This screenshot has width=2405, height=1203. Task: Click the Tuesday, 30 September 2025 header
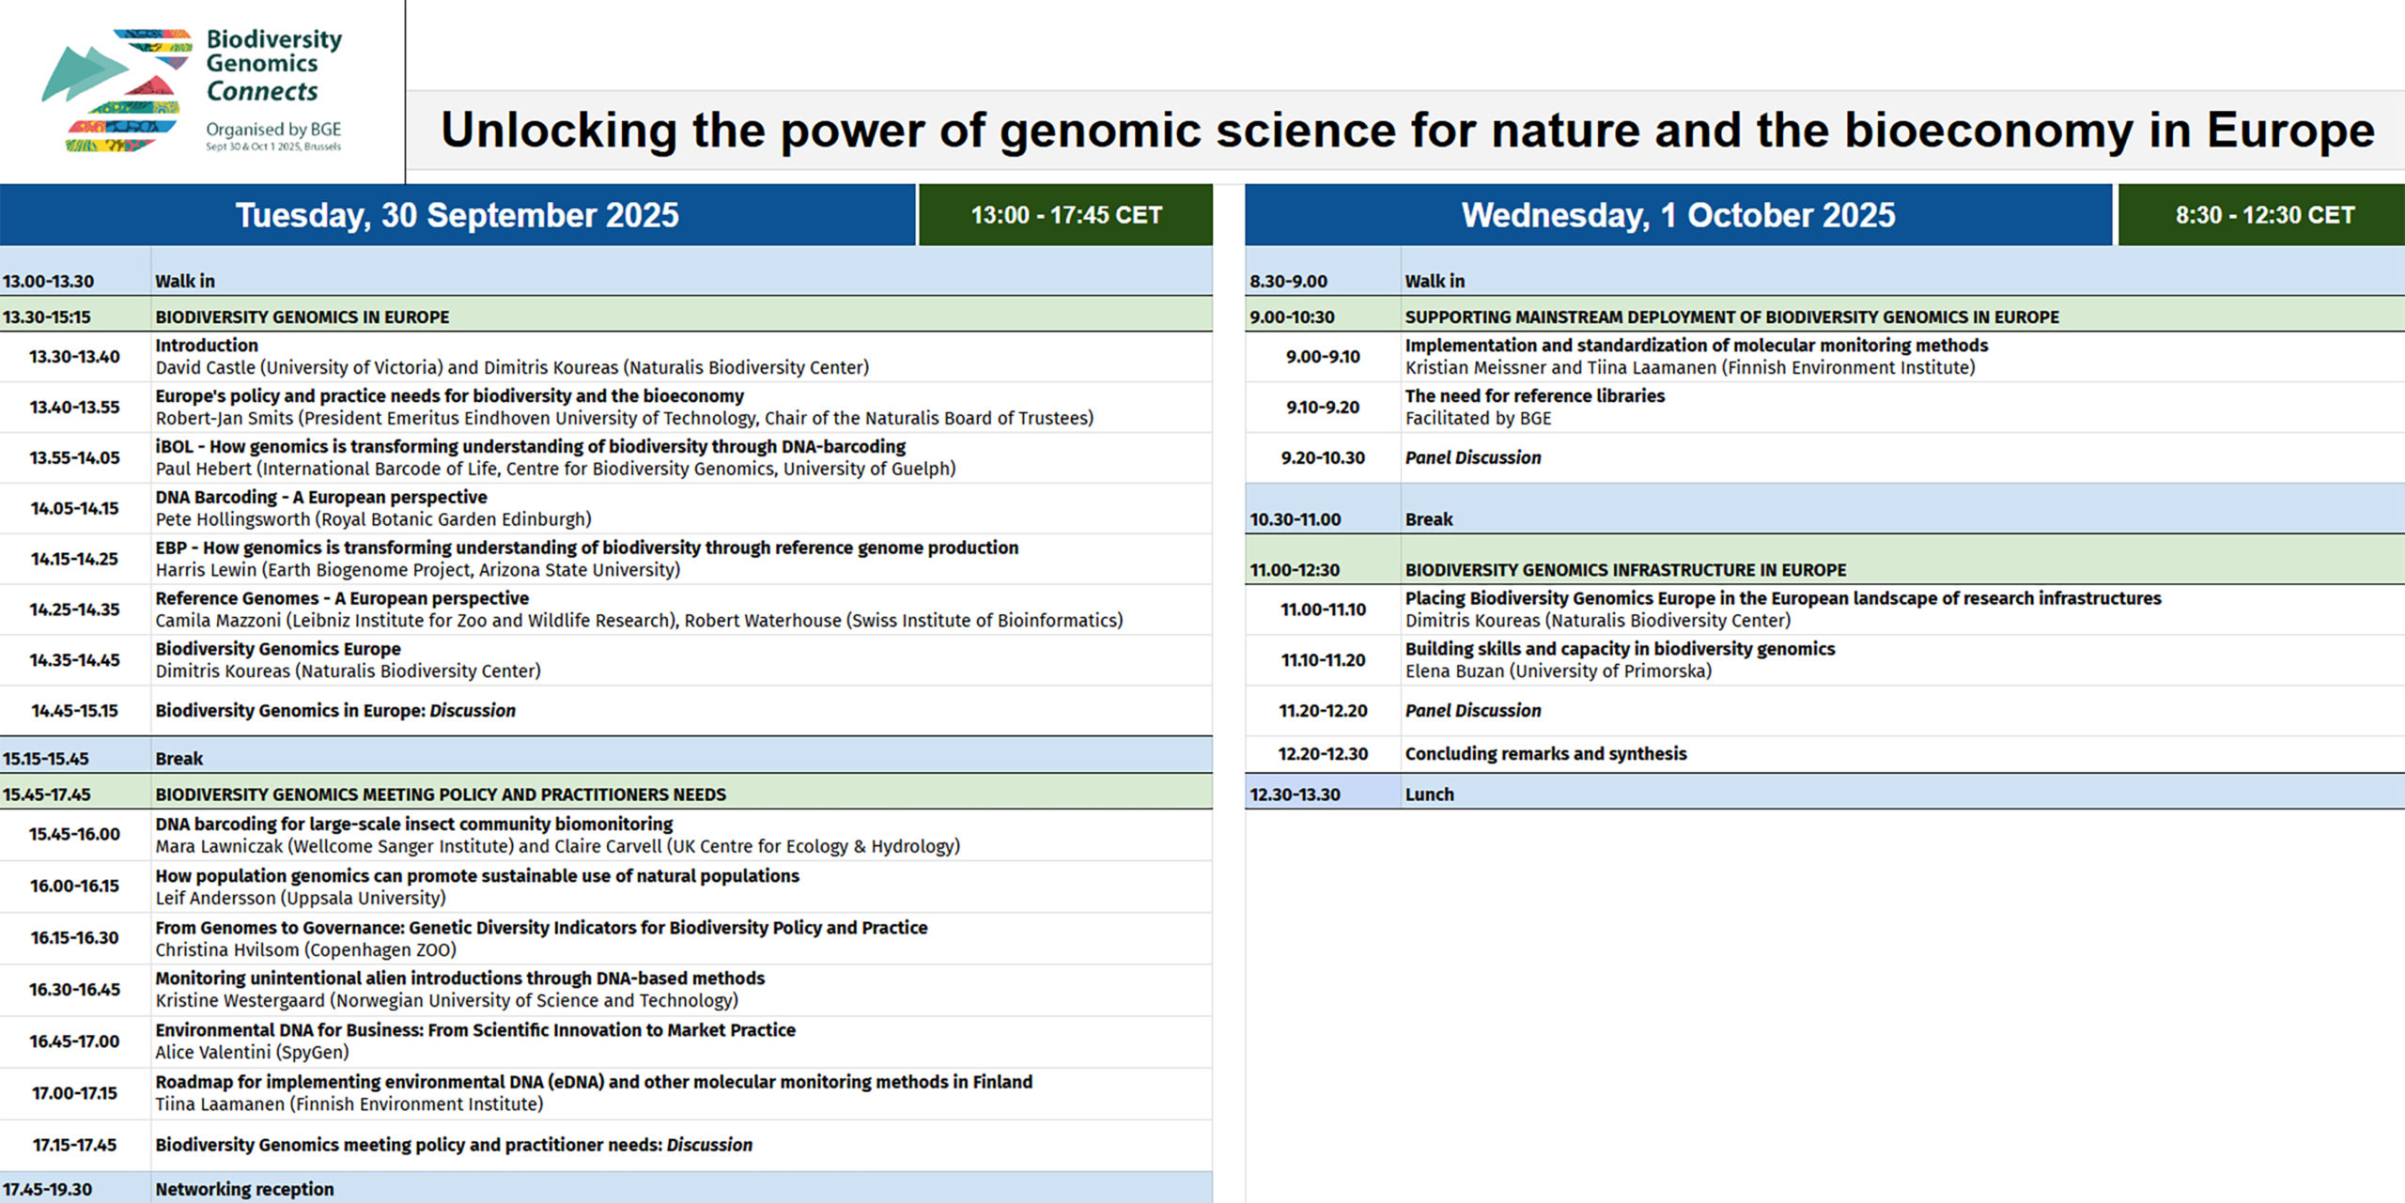458,215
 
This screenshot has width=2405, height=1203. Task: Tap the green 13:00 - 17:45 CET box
1066,215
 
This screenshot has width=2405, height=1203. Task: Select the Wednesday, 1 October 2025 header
1678,215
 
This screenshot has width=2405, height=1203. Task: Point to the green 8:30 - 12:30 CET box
2264,215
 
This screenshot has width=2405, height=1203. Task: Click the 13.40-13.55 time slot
75,408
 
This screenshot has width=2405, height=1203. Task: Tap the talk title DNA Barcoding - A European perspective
321,497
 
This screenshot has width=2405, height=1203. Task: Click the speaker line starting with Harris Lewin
418,570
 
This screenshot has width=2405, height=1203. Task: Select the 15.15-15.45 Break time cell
46,759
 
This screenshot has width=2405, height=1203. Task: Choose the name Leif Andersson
216,898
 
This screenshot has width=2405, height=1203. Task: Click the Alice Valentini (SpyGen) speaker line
253,1053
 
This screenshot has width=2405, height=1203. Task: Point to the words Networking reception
244,1189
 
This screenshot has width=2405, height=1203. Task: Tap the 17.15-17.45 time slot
75,1146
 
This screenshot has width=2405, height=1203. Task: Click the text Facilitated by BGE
1479,419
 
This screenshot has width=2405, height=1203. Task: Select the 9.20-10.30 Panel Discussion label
1473,458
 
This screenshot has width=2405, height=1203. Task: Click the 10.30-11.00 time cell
1296,519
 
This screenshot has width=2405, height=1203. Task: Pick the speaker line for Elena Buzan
1559,671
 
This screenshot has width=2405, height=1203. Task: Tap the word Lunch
1430,794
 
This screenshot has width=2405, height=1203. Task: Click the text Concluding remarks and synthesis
1546,754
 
